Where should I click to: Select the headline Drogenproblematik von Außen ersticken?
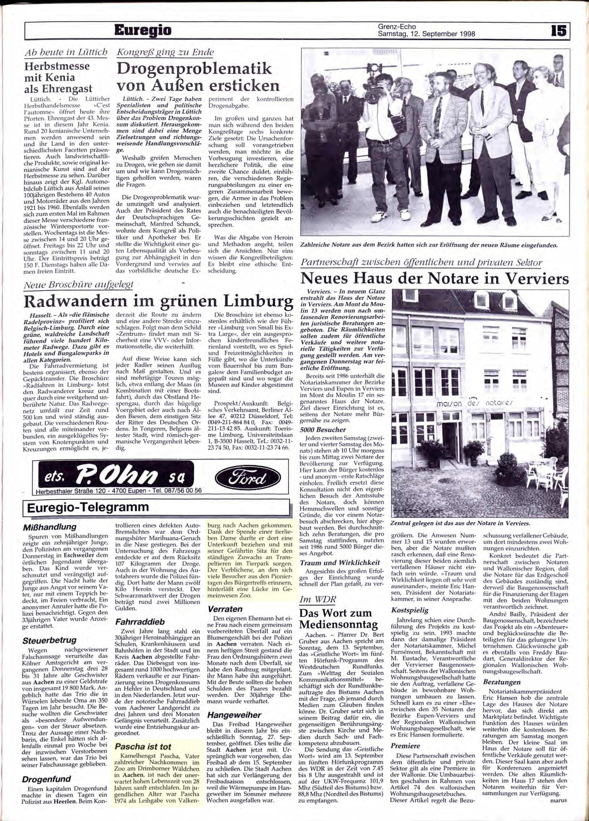197,77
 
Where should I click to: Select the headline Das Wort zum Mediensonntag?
336,619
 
